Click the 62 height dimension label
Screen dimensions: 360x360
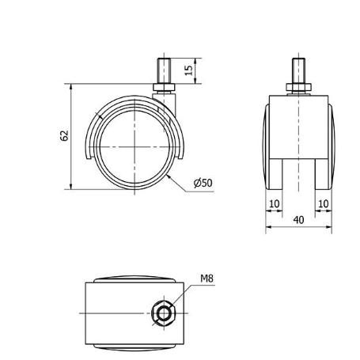click(x=65, y=136)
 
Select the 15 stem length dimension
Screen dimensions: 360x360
click(x=189, y=70)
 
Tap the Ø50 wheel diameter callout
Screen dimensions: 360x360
click(x=203, y=183)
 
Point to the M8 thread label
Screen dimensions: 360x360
click(x=207, y=279)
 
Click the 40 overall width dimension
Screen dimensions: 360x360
click(x=298, y=220)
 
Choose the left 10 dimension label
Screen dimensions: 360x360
click(x=275, y=203)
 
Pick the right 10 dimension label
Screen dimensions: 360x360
click(x=324, y=203)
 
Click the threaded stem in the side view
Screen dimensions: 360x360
click(x=164, y=71)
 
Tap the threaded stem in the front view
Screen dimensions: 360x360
click(x=298, y=71)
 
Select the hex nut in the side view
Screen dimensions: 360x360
click(x=164, y=88)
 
